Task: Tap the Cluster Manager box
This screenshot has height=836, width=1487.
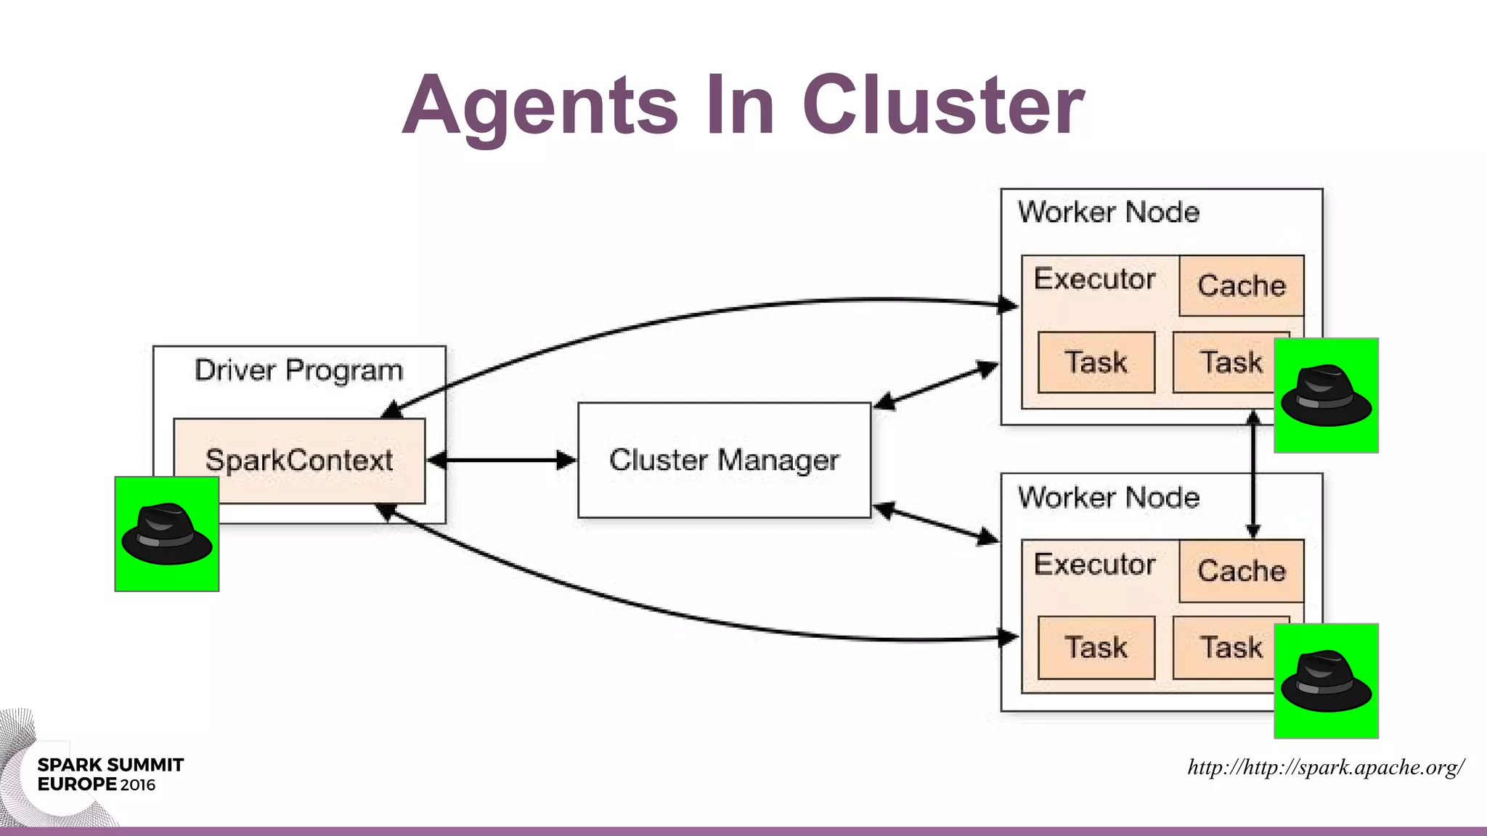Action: coord(724,460)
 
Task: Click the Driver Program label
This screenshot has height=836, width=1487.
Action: coord(298,370)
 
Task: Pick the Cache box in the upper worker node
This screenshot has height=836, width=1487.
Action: coord(1241,285)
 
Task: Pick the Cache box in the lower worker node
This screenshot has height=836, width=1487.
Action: coord(1241,570)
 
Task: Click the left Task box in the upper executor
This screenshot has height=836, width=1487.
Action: coord(1096,362)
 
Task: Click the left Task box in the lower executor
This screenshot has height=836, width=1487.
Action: coord(1096,647)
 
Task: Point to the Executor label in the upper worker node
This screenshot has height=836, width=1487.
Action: coord(1094,279)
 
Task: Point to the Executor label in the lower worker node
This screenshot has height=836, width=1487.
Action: coord(1094,564)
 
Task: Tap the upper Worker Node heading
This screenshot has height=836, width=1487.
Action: coord(1108,212)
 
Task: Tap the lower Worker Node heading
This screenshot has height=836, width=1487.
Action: coord(1108,497)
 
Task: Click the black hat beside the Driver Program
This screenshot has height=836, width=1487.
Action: coord(167,533)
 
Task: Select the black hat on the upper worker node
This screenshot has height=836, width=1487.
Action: coord(1326,396)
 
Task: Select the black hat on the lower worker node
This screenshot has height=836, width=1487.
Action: coord(1326,681)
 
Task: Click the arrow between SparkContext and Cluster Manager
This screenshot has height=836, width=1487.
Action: coord(502,460)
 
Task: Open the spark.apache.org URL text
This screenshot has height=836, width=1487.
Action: coord(1325,767)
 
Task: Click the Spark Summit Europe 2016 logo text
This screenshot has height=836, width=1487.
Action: coord(109,774)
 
